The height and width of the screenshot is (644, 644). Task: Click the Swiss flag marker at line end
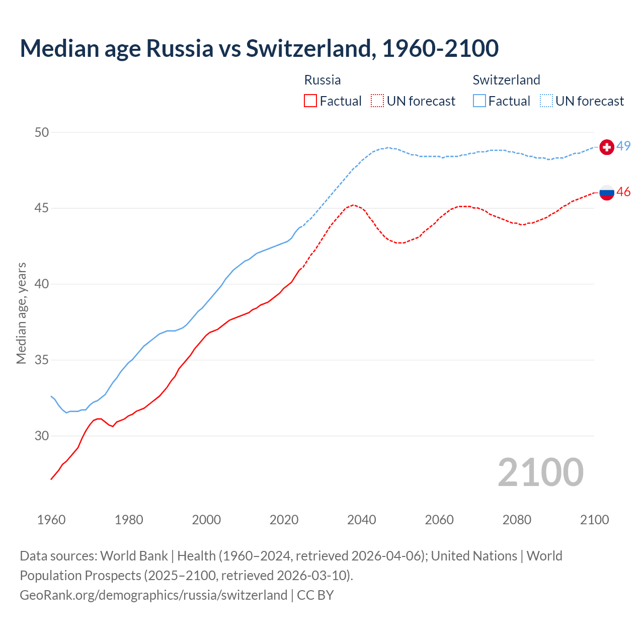607,147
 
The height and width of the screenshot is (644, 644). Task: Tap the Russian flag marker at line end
607,192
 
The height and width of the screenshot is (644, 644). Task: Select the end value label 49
623,146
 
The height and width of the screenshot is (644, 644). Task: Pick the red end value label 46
623,192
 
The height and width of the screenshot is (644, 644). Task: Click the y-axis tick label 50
42,132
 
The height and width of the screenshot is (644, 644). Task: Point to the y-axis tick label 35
42,360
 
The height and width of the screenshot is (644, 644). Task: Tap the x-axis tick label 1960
51,520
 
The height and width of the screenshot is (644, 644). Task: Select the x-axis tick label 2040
361,520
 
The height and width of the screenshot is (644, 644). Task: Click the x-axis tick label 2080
517,520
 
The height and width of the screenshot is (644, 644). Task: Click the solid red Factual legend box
310,101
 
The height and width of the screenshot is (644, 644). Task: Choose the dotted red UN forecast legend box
377,101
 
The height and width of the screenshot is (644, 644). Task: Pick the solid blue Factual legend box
479,101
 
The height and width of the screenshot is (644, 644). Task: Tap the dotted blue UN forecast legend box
546,101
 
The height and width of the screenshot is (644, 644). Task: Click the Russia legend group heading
323,80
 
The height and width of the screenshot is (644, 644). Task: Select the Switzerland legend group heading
506,80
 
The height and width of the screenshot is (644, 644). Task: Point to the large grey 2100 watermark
540,472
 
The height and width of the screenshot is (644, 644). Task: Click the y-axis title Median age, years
21,313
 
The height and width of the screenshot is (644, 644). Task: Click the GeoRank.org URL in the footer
153,595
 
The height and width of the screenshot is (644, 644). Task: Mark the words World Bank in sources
134,556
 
